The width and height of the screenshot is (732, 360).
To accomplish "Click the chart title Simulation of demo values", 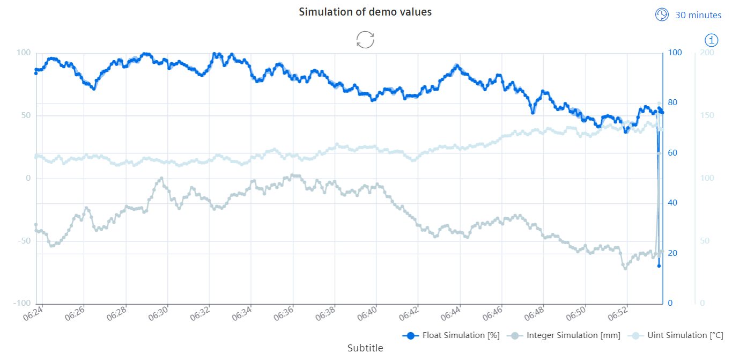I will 365,12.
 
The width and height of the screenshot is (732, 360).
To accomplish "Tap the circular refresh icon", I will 365,40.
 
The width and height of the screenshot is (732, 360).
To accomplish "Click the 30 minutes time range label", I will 698,15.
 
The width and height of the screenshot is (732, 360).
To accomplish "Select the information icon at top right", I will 712,40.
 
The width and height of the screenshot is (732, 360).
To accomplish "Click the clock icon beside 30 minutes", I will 662,14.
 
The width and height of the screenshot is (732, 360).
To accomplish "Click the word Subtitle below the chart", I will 365,348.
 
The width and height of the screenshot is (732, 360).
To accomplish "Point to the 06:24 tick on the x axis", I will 33,313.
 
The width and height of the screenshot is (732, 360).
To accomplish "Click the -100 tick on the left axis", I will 21,303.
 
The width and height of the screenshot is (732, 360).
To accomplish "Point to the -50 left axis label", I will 24,240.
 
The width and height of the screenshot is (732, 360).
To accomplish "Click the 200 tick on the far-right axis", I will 707,53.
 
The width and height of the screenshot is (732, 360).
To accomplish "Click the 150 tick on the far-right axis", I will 707,116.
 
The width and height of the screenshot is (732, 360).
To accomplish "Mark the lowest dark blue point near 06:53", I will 659,266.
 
